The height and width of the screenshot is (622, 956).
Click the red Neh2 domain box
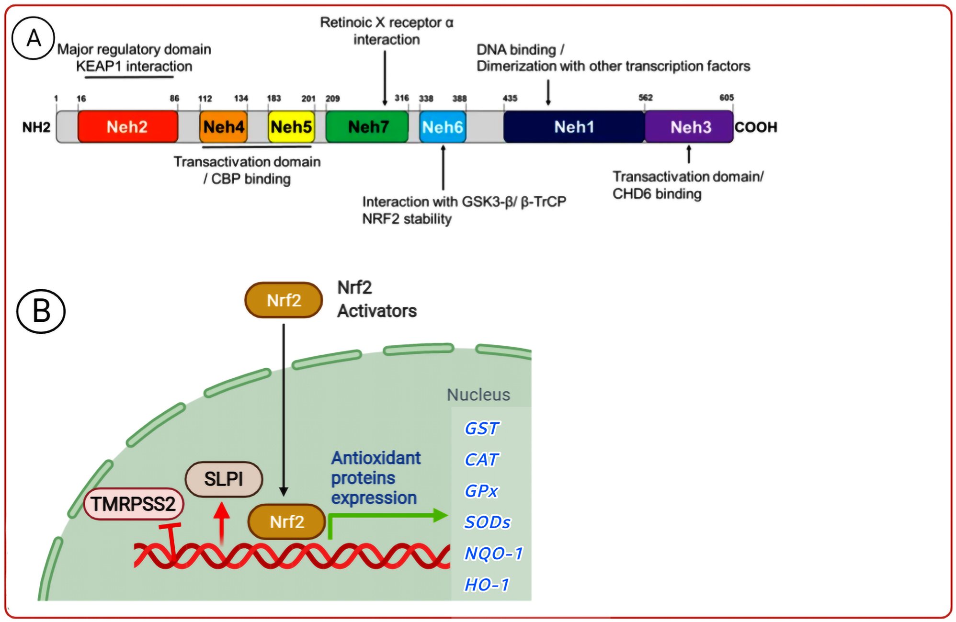(127, 127)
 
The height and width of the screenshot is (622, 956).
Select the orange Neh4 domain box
(223, 127)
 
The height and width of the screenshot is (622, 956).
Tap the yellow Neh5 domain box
(291, 127)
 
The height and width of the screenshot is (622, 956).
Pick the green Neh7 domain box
(367, 127)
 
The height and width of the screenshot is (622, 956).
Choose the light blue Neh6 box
(443, 127)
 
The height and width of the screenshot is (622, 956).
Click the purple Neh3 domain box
(689, 127)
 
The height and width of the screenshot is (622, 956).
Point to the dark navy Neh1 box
(574, 127)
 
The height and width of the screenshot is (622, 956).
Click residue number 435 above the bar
(510, 98)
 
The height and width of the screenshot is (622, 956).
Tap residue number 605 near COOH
(726, 98)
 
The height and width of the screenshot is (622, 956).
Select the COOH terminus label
(756, 127)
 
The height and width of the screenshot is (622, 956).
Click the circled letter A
(33, 38)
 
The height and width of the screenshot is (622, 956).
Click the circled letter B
(41, 311)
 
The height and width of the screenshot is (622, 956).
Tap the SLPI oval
(224, 479)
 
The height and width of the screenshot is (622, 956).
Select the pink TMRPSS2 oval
(134, 504)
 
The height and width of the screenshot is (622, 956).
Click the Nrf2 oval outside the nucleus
(284, 300)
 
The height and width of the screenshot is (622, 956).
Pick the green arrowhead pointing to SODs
(439, 516)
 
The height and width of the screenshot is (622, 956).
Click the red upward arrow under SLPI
(221, 522)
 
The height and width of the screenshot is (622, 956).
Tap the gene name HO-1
(487, 585)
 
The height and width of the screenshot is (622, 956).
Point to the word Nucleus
(478, 395)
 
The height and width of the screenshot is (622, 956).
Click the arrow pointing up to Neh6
(443, 168)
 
